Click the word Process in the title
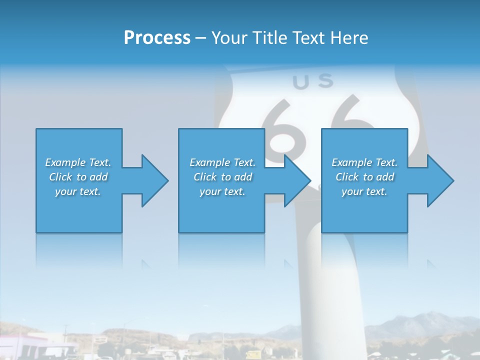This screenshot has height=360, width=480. coord(157,38)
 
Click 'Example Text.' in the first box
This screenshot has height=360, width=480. coord(78,162)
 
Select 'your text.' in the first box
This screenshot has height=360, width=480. coord(78,191)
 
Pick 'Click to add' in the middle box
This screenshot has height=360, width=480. coord(222,177)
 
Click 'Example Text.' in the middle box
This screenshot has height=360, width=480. coord(222,162)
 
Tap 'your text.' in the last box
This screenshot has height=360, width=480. coord(364,191)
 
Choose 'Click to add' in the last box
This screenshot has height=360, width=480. coord(364,177)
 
